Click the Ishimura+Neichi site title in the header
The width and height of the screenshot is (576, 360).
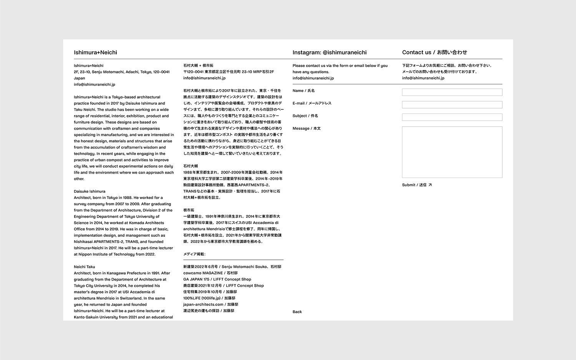[95, 53]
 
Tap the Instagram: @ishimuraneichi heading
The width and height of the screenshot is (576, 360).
[329, 53]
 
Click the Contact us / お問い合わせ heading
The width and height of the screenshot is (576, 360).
[434, 53]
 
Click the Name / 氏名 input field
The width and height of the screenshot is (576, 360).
[452, 92]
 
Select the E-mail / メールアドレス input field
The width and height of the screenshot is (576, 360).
[452, 105]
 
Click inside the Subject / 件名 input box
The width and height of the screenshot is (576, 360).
[452, 117]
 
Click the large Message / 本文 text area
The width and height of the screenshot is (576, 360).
[452, 152]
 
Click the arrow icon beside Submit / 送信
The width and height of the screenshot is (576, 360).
[430, 185]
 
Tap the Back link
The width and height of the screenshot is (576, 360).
[297, 312]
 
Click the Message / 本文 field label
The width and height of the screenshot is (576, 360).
[306, 129]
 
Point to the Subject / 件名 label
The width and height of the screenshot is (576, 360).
[305, 116]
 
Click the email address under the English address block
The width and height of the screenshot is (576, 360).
[94, 84]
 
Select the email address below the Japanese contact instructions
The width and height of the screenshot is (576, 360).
[423, 78]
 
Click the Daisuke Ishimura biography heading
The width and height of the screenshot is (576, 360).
[89, 192]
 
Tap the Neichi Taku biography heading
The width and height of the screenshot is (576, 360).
[84, 267]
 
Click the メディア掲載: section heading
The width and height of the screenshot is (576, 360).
[194, 254]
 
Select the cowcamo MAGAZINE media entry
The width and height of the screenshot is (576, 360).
[210, 273]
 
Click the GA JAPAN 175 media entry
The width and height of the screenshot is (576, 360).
[217, 279]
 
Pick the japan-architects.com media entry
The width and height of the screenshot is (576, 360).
[211, 305]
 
